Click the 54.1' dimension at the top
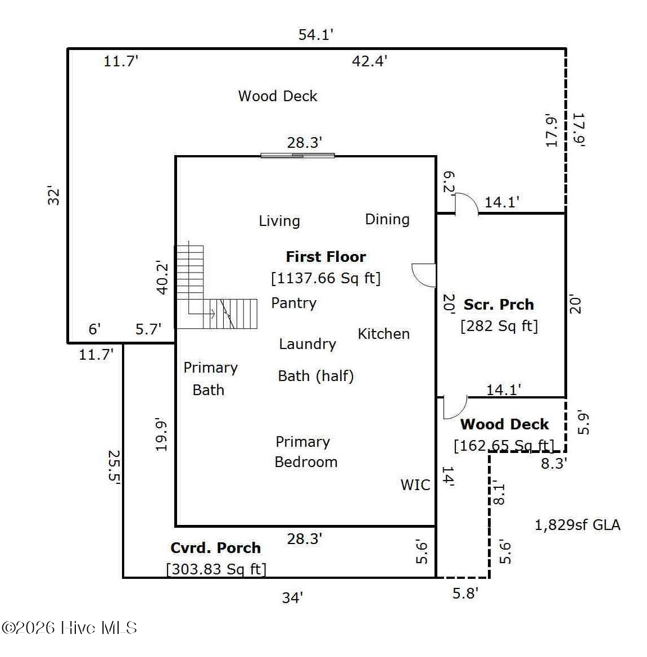click(x=315, y=34)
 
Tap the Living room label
click(x=279, y=221)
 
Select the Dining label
click(x=387, y=219)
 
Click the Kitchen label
click(x=383, y=334)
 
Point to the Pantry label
click(x=294, y=303)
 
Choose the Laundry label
click(x=307, y=344)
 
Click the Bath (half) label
click(x=316, y=376)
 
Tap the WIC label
click(x=415, y=485)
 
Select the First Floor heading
click(x=326, y=256)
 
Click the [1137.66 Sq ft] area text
click(x=326, y=278)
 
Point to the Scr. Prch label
click(x=499, y=304)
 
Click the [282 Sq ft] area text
click(x=499, y=325)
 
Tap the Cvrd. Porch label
click(x=215, y=547)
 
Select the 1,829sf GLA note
click(x=577, y=525)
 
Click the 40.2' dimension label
click(x=162, y=278)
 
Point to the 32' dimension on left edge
click(x=53, y=195)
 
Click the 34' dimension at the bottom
click(x=292, y=597)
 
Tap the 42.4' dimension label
click(x=369, y=61)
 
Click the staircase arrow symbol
click(x=202, y=313)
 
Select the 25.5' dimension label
click(x=114, y=467)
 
